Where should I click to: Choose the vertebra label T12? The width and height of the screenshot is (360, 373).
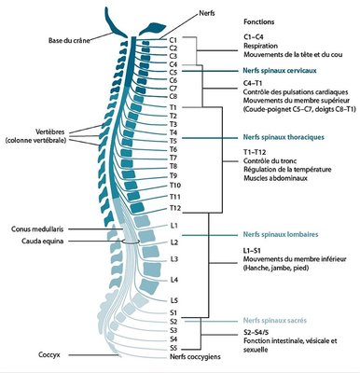[x=175, y=208]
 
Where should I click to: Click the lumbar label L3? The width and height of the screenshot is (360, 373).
[x=174, y=258]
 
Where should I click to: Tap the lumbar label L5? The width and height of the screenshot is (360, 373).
[x=174, y=299]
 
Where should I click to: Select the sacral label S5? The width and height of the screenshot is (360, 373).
[x=174, y=348]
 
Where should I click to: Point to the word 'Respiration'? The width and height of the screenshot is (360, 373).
[x=262, y=45]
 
